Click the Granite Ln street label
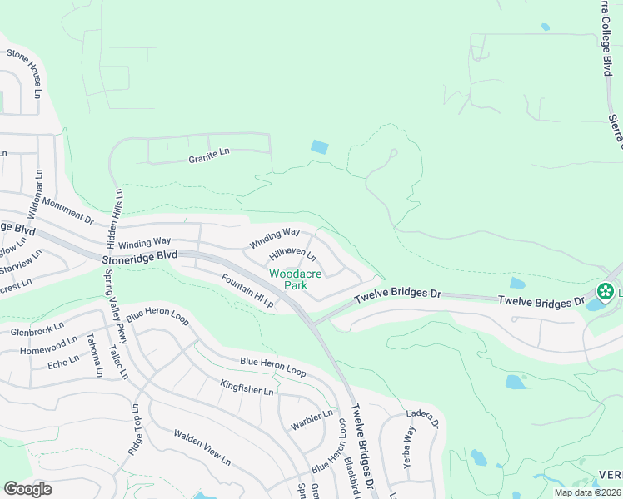[x=208, y=154]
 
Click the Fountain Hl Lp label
[x=247, y=291]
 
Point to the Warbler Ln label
[x=311, y=420]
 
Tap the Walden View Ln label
[x=202, y=446]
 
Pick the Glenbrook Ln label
[x=37, y=329]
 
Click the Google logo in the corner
[x=28, y=488]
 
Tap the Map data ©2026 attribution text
[x=586, y=492]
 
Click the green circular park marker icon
[x=606, y=292]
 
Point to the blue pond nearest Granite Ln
[x=319, y=147]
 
